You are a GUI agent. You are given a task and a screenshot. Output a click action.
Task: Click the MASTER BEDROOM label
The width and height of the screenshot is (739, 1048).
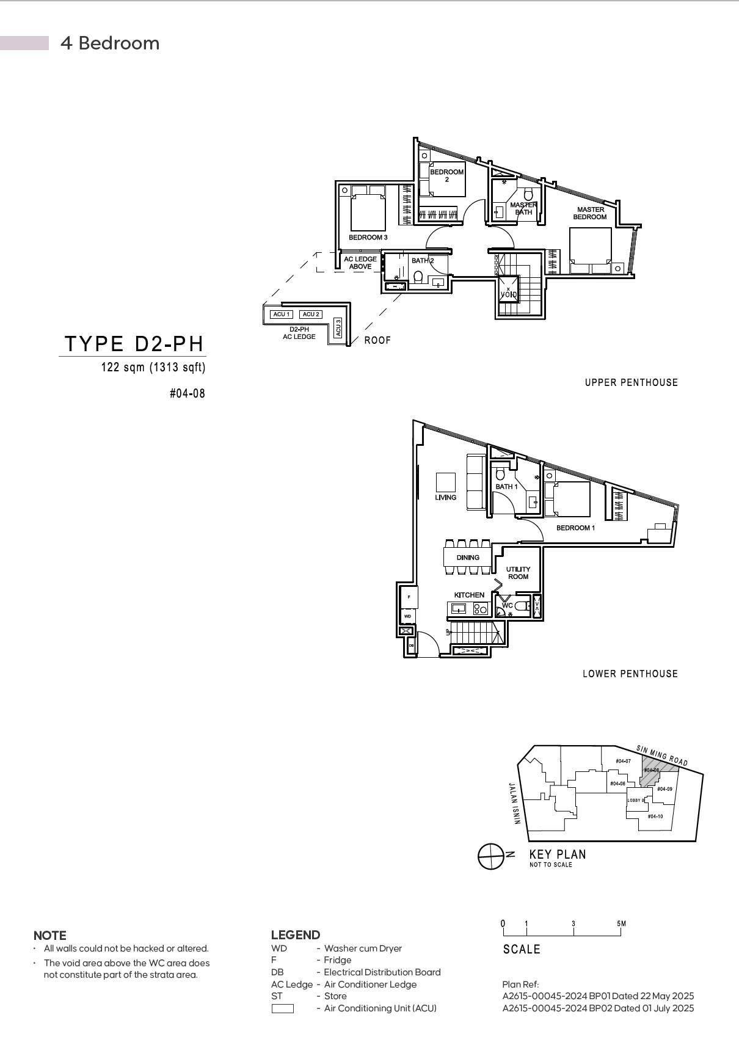(x=589, y=213)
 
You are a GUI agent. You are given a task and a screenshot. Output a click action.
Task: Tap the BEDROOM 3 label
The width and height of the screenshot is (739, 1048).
(x=368, y=237)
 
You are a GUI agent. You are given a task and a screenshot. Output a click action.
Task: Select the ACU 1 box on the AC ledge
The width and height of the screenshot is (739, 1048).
(x=282, y=314)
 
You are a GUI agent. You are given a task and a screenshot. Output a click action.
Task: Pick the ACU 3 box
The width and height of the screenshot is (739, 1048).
(x=338, y=327)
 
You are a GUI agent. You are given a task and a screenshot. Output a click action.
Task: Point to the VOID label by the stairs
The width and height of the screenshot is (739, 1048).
(x=508, y=294)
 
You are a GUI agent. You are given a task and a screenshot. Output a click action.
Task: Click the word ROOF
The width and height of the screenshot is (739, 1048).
(x=377, y=340)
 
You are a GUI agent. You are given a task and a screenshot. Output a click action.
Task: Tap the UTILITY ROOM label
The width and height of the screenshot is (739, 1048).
(x=518, y=573)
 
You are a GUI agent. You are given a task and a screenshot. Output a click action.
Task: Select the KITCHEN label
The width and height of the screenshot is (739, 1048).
(x=469, y=595)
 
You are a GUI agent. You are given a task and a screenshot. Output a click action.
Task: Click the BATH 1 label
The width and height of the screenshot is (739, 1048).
(x=506, y=487)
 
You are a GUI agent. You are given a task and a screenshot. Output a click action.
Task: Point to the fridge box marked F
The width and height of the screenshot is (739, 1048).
(x=409, y=597)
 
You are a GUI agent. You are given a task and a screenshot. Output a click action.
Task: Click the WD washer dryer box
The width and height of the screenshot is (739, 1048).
(x=407, y=616)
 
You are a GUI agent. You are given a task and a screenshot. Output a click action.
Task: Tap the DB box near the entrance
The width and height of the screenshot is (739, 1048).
(x=411, y=645)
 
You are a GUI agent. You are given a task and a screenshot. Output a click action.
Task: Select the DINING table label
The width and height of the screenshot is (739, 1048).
(x=468, y=557)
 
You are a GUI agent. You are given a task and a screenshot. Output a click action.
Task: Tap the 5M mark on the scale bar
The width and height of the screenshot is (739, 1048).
(x=621, y=924)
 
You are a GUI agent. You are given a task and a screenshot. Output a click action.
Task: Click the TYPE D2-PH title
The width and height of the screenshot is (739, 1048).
(x=134, y=344)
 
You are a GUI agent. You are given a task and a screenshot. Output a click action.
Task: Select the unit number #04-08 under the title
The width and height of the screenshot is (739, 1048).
(x=187, y=393)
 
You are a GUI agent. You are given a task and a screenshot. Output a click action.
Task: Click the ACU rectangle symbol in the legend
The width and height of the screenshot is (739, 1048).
(x=282, y=1008)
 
